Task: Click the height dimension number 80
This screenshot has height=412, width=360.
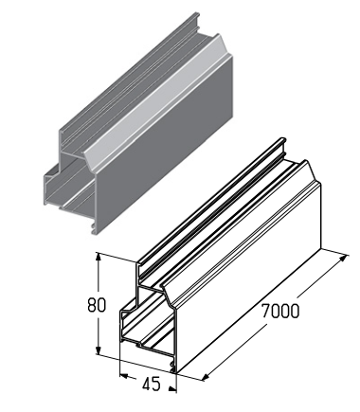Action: [x=97, y=305]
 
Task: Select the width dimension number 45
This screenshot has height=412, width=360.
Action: [x=152, y=385]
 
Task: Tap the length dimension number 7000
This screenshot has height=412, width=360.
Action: [x=280, y=312]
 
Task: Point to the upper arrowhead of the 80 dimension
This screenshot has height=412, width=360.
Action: [x=99, y=258]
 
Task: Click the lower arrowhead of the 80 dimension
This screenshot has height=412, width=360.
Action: [x=99, y=349]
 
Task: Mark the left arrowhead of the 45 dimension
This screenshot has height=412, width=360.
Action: [x=124, y=376]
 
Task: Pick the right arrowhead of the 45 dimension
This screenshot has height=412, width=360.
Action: [x=172, y=388]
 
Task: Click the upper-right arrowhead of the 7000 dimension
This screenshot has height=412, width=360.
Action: [x=343, y=259]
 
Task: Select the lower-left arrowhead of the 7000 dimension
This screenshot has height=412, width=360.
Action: [x=206, y=377]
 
